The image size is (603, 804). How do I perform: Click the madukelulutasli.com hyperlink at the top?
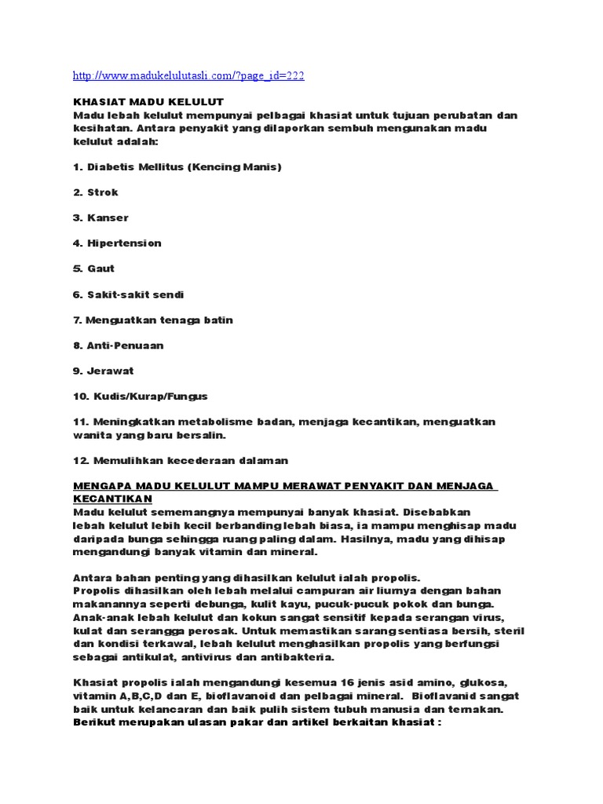point(188,76)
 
